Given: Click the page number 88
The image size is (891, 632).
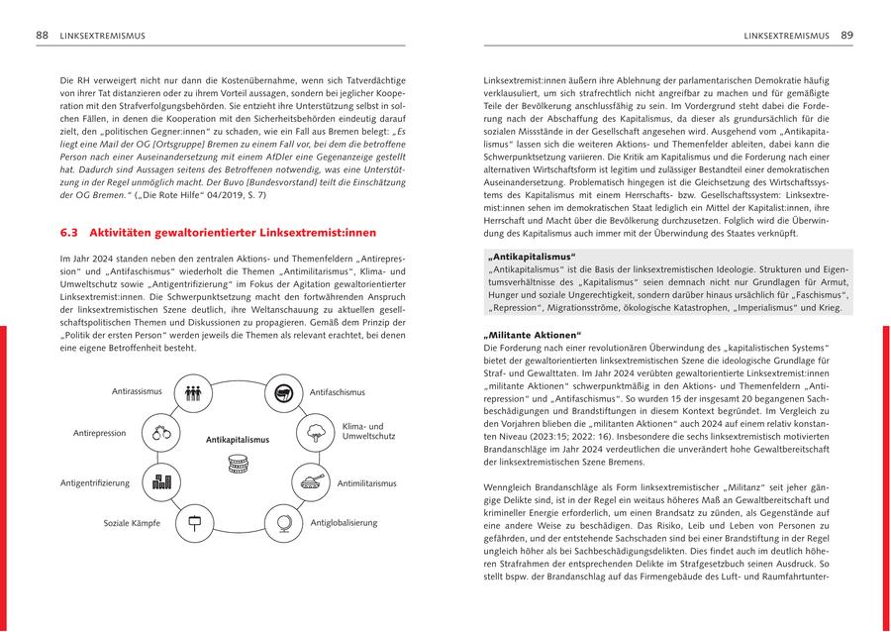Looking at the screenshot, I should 43,36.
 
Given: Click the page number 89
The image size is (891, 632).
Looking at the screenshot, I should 847,36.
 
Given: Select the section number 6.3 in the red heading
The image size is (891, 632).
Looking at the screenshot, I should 69,233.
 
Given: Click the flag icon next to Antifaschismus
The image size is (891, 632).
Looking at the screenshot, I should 282,393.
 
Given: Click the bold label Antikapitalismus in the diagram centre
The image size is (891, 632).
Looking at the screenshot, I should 238,439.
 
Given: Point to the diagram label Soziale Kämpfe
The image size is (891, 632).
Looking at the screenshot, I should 134,522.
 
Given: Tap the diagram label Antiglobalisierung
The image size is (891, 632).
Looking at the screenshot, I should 344,522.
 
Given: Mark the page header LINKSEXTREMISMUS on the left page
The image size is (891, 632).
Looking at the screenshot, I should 102,36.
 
